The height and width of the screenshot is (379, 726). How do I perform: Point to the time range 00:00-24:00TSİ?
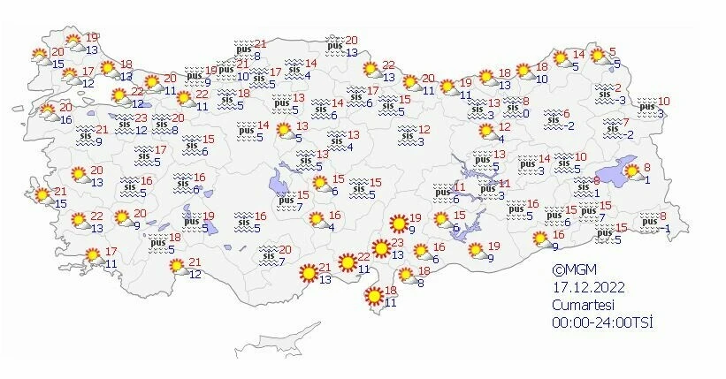[601, 322]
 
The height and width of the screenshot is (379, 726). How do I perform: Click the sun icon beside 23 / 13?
[381, 249]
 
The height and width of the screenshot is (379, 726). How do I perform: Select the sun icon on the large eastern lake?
[632, 171]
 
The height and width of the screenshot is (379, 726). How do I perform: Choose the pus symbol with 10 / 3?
[648, 107]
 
